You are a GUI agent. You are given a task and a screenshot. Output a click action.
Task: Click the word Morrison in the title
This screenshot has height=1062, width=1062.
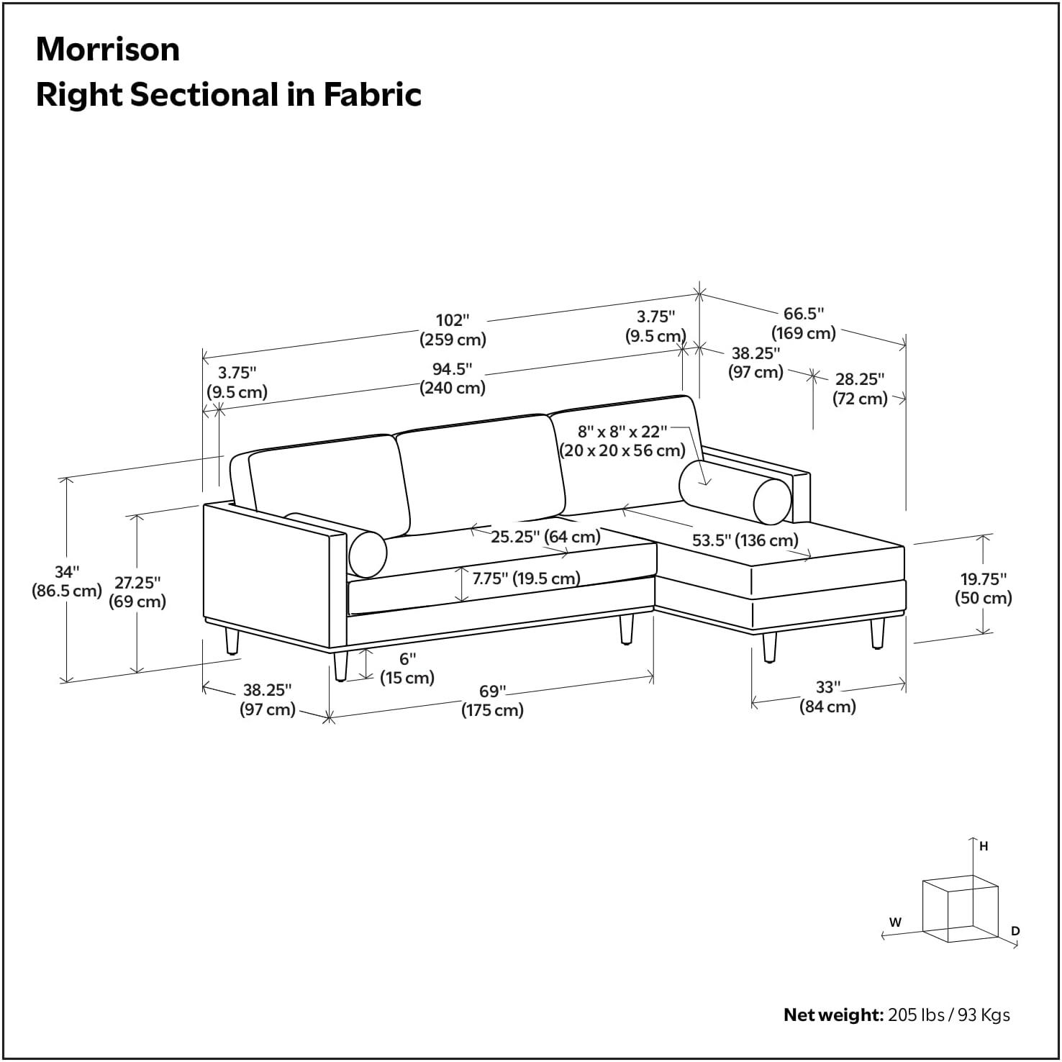pos(108,50)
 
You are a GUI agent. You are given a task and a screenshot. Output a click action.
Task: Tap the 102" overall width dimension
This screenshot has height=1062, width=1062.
pos(453,330)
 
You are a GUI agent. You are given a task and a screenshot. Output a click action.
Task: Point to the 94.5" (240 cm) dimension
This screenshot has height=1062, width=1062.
pos(453,378)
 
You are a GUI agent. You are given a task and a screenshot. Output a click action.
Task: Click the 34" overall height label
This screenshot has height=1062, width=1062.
pos(66,581)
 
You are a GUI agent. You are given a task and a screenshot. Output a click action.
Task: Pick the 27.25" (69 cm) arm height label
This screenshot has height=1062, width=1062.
pos(137,591)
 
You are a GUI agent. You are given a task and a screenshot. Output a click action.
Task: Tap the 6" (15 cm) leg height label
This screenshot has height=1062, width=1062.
pos(407,668)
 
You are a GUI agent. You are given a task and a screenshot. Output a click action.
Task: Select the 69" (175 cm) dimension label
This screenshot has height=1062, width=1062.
pos(493,701)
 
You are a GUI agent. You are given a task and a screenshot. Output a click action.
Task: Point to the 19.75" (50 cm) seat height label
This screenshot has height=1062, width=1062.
pos(984,588)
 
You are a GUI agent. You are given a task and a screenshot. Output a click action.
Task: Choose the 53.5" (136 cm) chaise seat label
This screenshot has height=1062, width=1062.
pos(745,540)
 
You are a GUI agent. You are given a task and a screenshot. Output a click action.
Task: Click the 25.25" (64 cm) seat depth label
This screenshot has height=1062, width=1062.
pos(545,537)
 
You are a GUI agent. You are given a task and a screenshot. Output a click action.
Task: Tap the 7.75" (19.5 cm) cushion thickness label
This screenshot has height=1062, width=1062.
pos(527,578)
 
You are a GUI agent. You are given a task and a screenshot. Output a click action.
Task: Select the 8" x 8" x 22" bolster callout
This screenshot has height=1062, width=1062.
pos(623,441)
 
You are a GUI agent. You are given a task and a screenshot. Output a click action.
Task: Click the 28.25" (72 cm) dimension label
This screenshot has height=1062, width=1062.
pos(860,389)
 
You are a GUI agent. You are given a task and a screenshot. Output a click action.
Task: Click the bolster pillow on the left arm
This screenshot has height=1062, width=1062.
pos(368,553)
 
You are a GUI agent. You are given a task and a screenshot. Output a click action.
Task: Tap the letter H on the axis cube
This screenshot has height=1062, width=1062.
pos(984,847)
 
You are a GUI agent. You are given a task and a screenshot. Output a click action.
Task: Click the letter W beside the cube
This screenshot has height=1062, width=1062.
pos(895,922)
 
